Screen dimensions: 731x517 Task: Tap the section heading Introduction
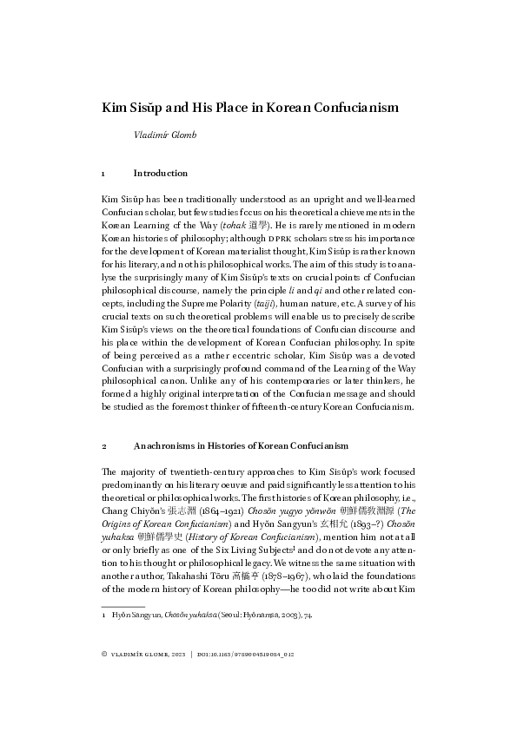coord(161,174)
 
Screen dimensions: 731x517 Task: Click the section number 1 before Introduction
coord(104,174)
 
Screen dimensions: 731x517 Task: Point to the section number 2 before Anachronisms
coord(104,446)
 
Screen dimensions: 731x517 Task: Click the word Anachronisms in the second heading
coord(170,446)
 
